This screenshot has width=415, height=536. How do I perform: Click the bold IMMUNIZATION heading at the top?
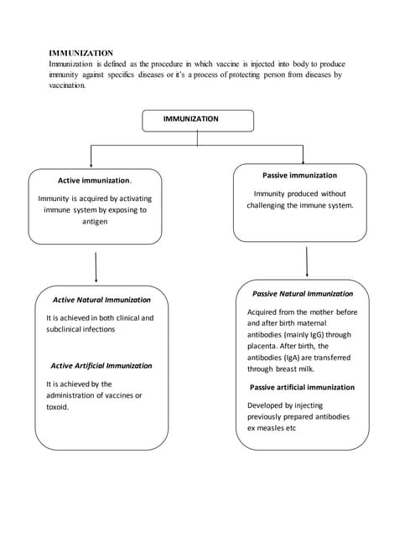click(81, 53)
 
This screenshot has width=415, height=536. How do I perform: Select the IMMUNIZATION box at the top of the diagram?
click(196, 120)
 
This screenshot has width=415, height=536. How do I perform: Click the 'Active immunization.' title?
click(95, 180)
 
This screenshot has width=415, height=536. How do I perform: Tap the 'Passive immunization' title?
click(299, 175)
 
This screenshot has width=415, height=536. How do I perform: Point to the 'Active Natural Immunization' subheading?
click(101, 299)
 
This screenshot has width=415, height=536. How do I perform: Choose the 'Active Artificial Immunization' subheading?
click(101, 365)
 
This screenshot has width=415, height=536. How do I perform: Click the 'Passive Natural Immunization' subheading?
click(303, 294)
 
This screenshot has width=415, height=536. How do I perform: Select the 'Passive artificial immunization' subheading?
click(302, 387)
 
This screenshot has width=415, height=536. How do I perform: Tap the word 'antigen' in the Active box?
click(95, 222)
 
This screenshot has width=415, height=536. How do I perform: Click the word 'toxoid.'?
click(58, 406)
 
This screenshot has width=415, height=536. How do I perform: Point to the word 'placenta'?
click(264, 346)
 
